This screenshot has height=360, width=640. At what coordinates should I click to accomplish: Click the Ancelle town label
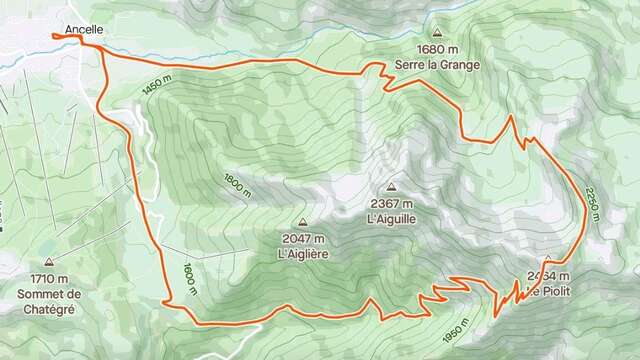pyautogui.click(x=83, y=30)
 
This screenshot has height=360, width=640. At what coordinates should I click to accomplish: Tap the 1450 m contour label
pyautogui.click(x=157, y=87)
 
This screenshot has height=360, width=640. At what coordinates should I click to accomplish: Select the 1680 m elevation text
pyautogui.click(x=436, y=49)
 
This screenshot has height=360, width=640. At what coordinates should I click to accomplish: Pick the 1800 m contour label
pyautogui.click(x=237, y=184)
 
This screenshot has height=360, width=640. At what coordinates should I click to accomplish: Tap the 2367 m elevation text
pyautogui.click(x=390, y=203)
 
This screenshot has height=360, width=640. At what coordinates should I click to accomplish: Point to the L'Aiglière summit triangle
pyautogui.click(x=302, y=222)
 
